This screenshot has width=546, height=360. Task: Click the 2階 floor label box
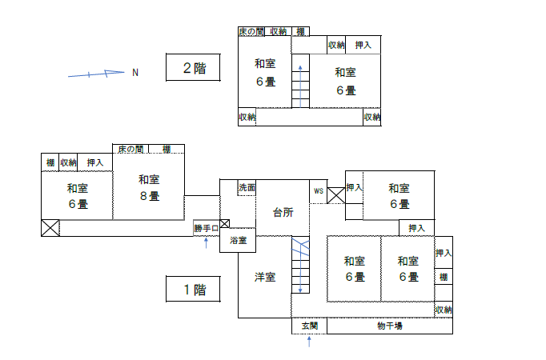[193, 67]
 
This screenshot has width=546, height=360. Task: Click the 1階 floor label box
[193, 289]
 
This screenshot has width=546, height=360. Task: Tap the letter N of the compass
[135, 73]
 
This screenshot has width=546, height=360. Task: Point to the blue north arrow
[96, 74]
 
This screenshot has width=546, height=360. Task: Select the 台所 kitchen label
[283, 212]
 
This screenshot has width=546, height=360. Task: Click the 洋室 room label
[265, 278]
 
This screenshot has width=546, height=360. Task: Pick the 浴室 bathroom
[238, 240]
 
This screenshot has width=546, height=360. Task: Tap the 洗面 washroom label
[247, 188]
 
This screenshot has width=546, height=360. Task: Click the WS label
[319, 191]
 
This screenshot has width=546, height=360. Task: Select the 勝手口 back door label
[206, 229]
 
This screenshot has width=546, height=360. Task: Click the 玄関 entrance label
[310, 326]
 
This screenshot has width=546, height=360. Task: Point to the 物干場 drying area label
[390, 326]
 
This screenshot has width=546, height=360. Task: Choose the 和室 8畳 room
[149, 186]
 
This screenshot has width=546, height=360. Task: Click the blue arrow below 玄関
[309, 342]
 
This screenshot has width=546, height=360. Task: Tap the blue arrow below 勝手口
[206, 242]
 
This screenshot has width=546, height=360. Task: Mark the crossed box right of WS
[336, 195]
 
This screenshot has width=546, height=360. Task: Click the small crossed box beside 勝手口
[225, 224]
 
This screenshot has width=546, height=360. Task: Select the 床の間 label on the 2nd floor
[251, 32]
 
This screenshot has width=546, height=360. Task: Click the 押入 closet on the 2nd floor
[363, 45]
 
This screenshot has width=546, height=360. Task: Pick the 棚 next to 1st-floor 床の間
[167, 150]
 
